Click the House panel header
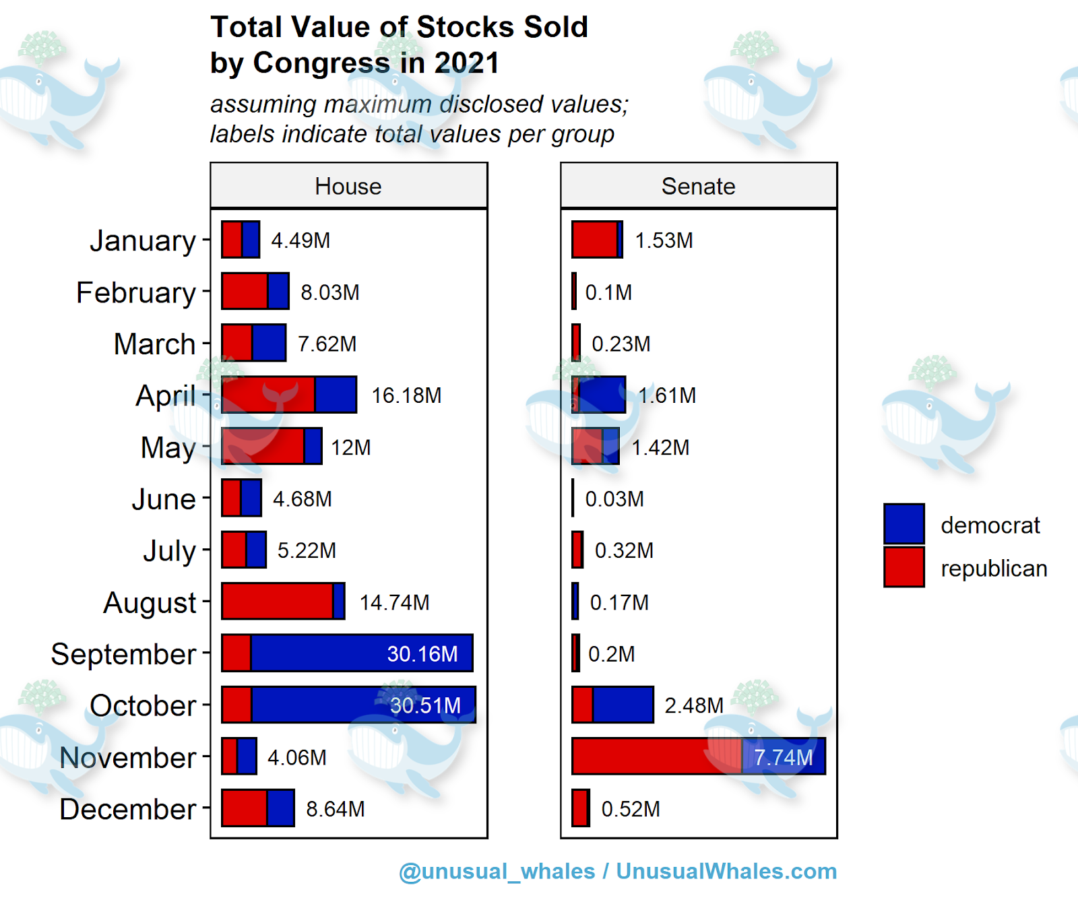pos(348,187)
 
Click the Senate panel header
pos(698,187)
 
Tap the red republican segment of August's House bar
pos(277,602)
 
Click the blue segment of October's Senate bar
pos(623,705)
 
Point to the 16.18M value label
pos(406,395)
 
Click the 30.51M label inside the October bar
pos(425,705)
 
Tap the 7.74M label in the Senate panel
pos(784,757)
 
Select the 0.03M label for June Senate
pos(614,499)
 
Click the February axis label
pos(135,293)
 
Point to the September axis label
pos(123,654)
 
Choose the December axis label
pos(127,809)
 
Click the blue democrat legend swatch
pos(903,523)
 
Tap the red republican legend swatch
pos(903,567)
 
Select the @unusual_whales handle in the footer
pos(497,872)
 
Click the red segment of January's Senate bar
pos(594,240)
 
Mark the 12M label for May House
pos(351,447)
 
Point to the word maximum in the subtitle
pos(377,104)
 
